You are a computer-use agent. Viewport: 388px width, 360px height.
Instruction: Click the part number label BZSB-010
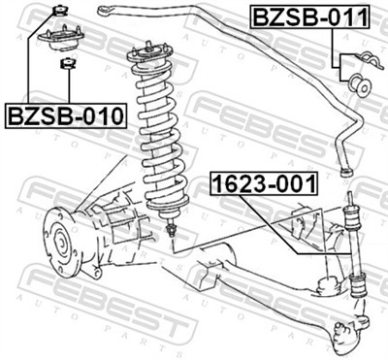click(66, 116)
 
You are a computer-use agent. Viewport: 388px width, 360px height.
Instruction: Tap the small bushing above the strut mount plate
click(57, 12)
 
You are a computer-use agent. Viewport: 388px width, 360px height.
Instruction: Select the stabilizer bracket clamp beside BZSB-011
click(347, 66)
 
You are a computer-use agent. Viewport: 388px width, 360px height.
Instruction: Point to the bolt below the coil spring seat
click(171, 231)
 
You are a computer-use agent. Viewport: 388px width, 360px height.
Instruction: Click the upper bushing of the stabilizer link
click(350, 210)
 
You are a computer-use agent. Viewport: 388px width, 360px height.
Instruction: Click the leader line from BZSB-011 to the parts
click(335, 49)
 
